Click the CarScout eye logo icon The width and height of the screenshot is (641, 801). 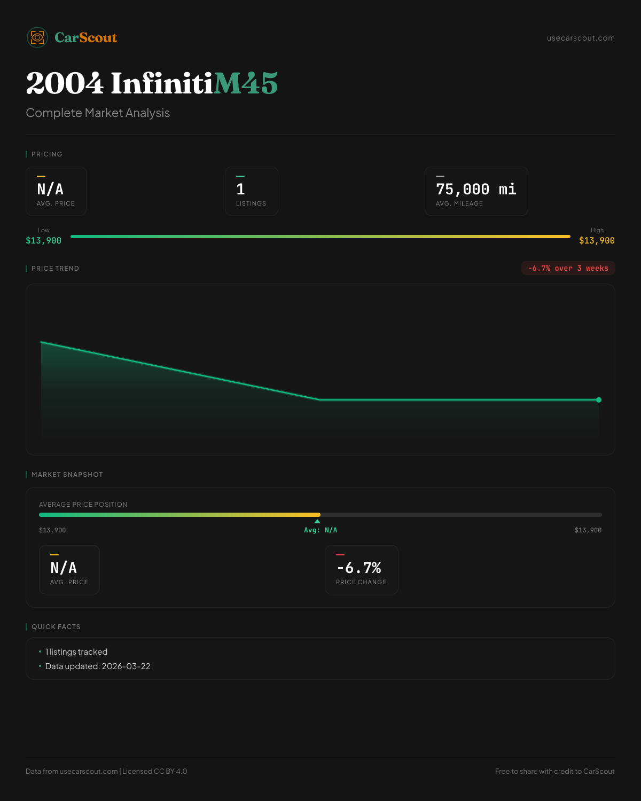pos(37,37)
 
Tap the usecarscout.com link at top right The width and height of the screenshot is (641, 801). pos(581,38)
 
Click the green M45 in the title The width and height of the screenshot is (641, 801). pos(246,83)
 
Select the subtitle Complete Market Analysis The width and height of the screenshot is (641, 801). pos(98,113)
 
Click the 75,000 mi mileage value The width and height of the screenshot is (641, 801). pos(476,189)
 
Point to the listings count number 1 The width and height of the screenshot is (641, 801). pos(240,189)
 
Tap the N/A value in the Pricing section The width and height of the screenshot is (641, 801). pos(50,189)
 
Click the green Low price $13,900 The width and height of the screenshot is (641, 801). pos(43,240)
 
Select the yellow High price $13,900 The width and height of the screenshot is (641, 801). pos(597,240)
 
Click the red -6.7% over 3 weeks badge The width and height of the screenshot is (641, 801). pos(568,268)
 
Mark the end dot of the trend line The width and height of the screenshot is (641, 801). pos(599,399)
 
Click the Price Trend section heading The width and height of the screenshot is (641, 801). pos(55,269)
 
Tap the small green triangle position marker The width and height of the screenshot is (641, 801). pos(317,521)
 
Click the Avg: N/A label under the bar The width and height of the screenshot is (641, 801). pos(320,530)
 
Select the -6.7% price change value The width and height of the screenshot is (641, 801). pos(359,568)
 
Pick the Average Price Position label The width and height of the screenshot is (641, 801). pos(83,505)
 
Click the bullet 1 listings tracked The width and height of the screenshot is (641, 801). pos(76,652)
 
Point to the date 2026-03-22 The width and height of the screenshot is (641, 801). pos(126,666)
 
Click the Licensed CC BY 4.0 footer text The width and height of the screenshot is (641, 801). pos(155,771)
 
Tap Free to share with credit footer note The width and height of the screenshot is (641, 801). pos(554,771)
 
